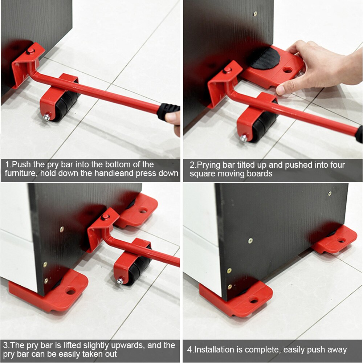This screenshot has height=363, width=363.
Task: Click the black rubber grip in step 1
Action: [x=168, y=111]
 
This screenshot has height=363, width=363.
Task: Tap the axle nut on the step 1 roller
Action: [x=47, y=117]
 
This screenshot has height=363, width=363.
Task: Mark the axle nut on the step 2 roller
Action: [x=244, y=138]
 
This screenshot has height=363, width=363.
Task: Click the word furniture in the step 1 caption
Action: [x=21, y=174]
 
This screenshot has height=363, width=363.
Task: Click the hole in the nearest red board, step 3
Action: [x=71, y=291]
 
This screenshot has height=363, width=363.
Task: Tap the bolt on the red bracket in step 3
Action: [x=105, y=217]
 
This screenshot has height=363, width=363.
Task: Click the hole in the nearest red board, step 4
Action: [x=253, y=300]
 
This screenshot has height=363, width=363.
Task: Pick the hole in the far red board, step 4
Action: [x=342, y=240]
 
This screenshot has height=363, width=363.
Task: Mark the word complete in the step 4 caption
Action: [x=263, y=350]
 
